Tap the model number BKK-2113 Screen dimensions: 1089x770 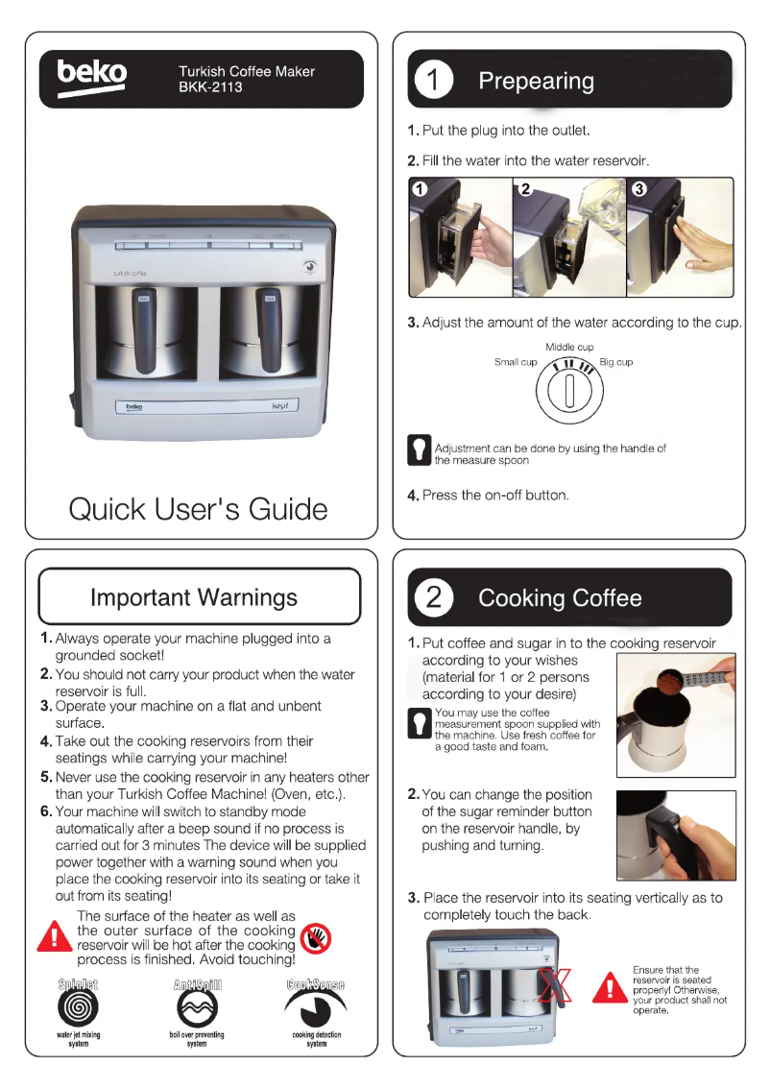[x=210, y=87]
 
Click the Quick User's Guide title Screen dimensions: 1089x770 [x=198, y=508]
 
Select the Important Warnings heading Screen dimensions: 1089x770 [x=194, y=597]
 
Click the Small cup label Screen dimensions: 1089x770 [x=516, y=362]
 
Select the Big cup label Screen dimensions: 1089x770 [x=615, y=362]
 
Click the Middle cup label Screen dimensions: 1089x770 [x=569, y=347]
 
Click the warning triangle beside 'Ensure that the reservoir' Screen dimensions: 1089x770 [x=609, y=986]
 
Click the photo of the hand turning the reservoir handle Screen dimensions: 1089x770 [x=676, y=835]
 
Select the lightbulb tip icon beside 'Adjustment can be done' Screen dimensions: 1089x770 [x=419, y=450]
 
